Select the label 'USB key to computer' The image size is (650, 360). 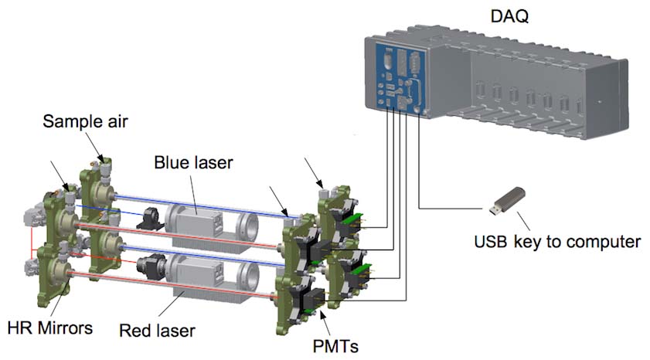557,241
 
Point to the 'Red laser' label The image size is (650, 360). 157,331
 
